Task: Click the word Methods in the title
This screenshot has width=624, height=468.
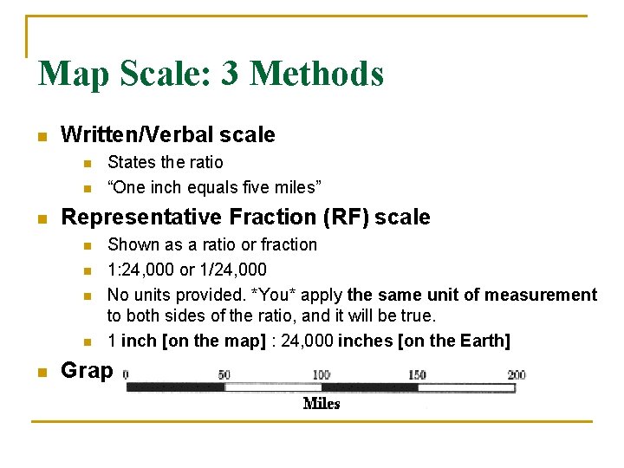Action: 316,74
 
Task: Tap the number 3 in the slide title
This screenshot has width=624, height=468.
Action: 231,74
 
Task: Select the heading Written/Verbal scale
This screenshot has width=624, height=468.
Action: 168,134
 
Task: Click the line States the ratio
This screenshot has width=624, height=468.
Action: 165,162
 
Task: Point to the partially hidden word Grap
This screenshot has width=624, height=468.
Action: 87,371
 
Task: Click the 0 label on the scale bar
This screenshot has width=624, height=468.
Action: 127,374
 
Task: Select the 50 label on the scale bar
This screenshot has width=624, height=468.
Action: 224,374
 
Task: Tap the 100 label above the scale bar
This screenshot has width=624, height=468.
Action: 321,374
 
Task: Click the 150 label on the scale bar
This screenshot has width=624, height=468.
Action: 418,374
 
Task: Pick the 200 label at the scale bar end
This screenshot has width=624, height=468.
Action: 516,374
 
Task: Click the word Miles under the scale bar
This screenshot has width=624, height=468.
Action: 322,404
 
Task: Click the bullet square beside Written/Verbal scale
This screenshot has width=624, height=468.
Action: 40,136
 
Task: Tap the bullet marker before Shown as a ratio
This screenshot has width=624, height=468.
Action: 86,246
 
